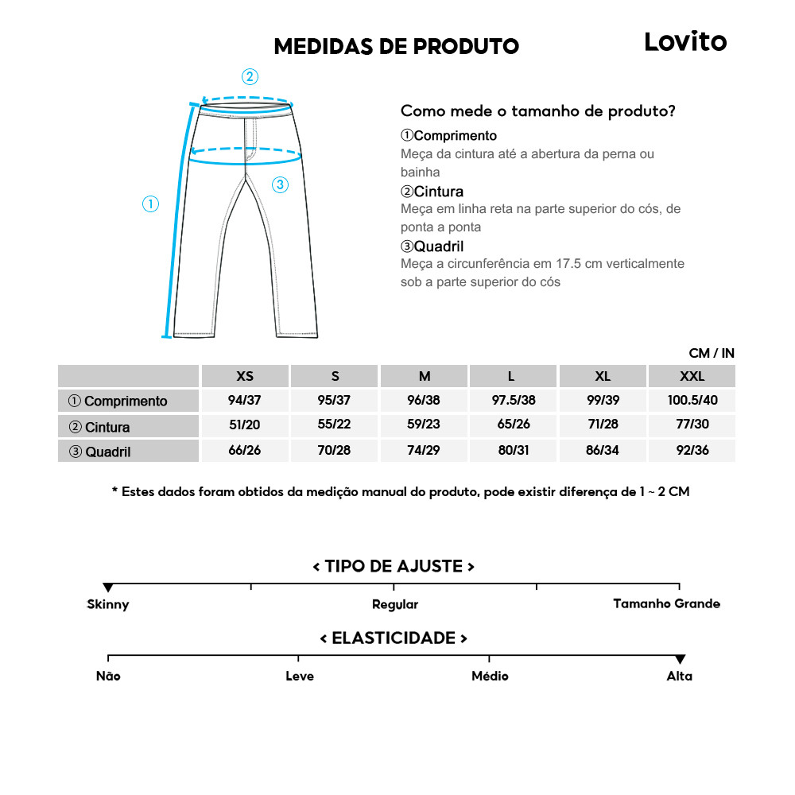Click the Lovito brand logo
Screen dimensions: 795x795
coord(685,42)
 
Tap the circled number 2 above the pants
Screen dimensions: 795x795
coord(250,77)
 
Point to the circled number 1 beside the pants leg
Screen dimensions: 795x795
coord(151,204)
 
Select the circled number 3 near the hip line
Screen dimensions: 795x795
coord(280,185)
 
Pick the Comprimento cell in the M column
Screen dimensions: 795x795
coord(425,401)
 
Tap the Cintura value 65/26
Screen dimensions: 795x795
coord(514,425)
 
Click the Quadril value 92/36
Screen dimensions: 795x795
coord(692,451)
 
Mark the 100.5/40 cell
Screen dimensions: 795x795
coord(692,401)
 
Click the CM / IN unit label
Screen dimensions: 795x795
coord(712,353)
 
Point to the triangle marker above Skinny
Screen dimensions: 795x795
coord(108,588)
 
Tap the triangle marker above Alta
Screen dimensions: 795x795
coord(680,660)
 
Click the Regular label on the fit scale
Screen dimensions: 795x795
coord(395,605)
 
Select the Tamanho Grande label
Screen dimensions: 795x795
coord(666,604)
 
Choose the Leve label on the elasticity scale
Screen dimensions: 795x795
coord(300,677)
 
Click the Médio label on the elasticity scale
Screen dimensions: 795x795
coord(490,677)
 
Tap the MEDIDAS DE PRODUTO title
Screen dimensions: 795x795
coord(396,46)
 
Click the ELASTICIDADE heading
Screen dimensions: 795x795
coord(394,638)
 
